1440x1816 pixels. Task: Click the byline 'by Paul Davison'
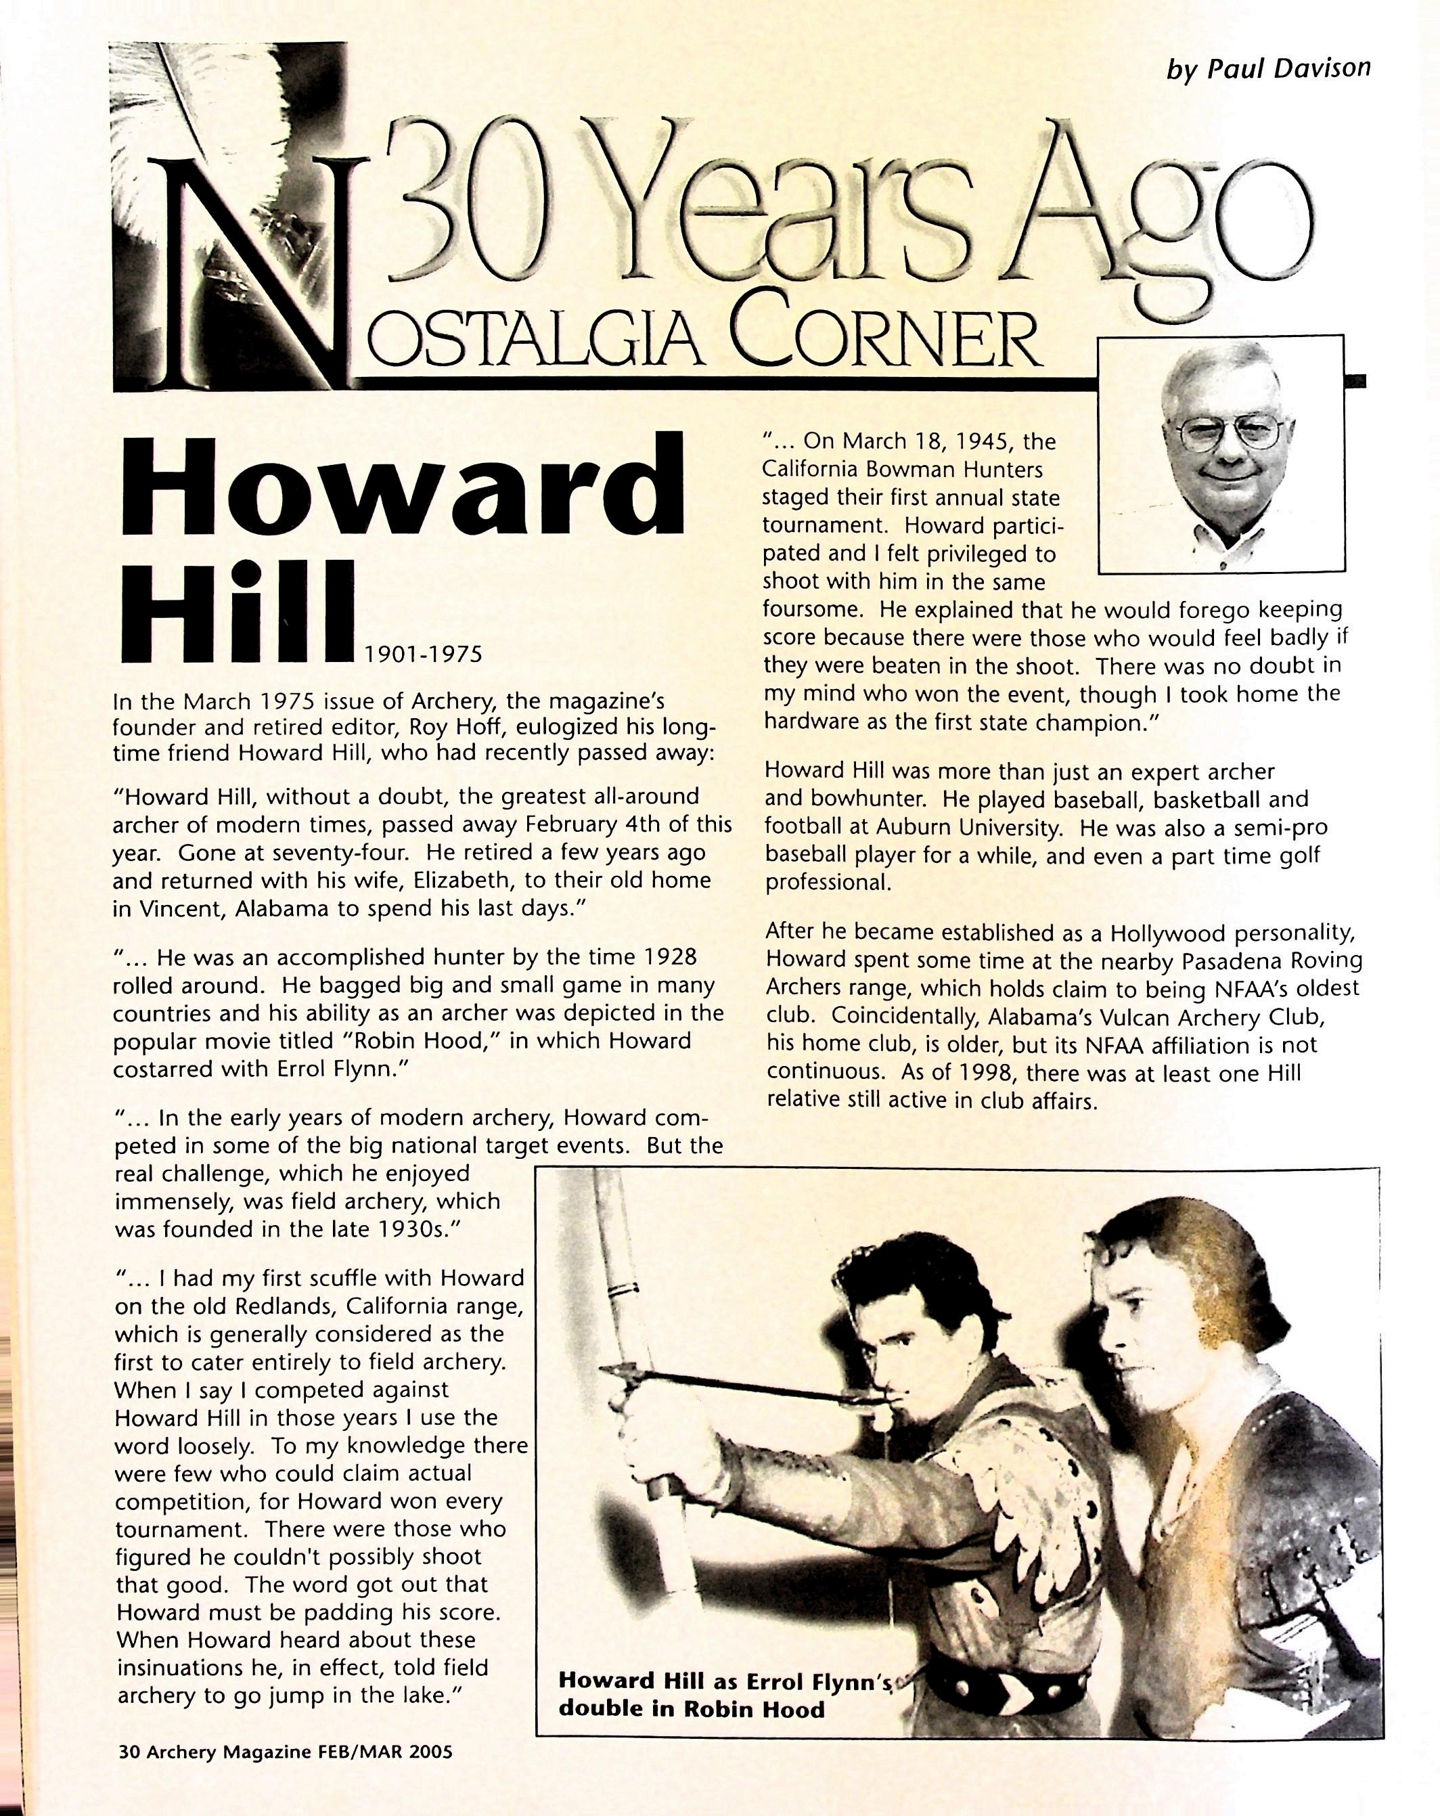point(1268,68)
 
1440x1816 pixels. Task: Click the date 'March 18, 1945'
point(926,441)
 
